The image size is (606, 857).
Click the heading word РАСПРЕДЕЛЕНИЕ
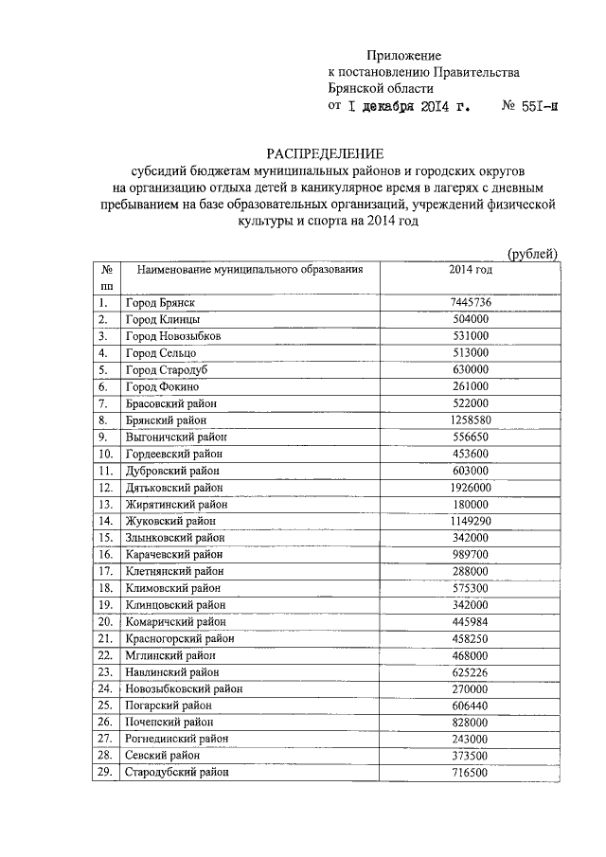pyautogui.click(x=324, y=153)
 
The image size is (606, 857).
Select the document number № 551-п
pyautogui.click(x=530, y=106)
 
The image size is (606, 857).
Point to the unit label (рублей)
pyautogui.click(x=533, y=252)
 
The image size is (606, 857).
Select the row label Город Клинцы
pyautogui.click(x=162, y=320)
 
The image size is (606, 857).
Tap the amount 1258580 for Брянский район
pyautogui.click(x=471, y=420)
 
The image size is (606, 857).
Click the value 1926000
pyautogui.click(x=471, y=488)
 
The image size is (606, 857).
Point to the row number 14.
pyautogui.click(x=105, y=521)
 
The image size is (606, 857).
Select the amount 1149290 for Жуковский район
pyautogui.click(x=471, y=521)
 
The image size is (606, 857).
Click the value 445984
pyautogui.click(x=471, y=622)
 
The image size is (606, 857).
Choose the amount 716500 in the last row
pyautogui.click(x=471, y=773)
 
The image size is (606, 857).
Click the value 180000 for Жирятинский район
pyautogui.click(x=471, y=504)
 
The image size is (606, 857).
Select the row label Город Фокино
pyautogui.click(x=162, y=387)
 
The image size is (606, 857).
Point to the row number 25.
pyautogui.click(x=105, y=705)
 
